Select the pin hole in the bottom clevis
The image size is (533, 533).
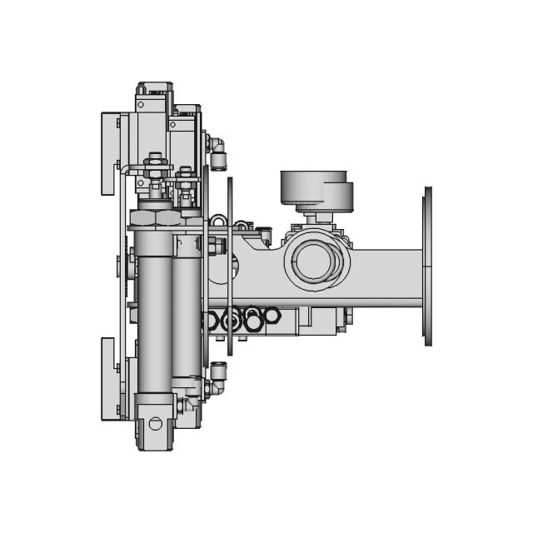(x=155, y=423)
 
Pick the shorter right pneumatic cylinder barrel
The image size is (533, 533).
(x=187, y=312)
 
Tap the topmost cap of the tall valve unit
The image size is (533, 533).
(x=155, y=87)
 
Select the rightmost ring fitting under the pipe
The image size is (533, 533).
(x=271, y=316)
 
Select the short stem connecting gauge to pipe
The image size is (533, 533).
(x=315, y=218)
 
